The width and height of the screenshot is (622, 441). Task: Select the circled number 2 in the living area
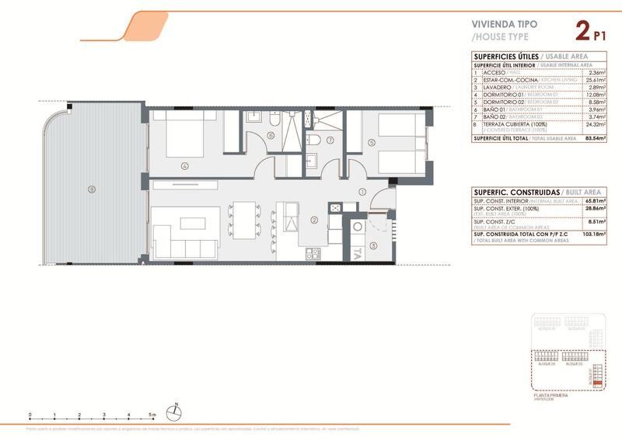point(313,220)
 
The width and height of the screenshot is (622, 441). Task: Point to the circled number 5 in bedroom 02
point(372,142)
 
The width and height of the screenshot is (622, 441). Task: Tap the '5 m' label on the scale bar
point(154,416)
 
